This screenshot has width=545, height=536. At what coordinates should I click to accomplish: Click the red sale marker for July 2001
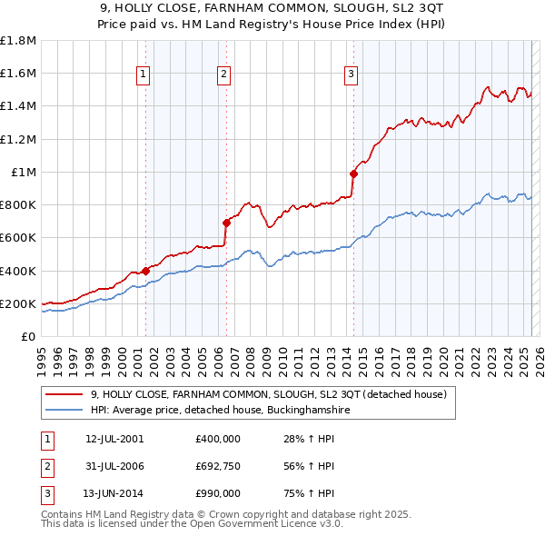[x=145, y=271]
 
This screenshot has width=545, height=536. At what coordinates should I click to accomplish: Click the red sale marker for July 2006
[x=226, y=222]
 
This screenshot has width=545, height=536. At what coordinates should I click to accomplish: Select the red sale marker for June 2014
[x=353, y=174]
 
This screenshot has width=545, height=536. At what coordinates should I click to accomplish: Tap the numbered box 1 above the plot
[x=144, y=75]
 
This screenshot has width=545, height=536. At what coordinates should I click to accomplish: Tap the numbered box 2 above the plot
[x=223, y=75]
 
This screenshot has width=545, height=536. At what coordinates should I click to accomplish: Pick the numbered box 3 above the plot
[x=351, y=75]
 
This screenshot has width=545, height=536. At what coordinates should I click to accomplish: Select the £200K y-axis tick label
[x=18, y=303]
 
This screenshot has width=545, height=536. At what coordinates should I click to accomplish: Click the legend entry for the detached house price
[x=268, y=395]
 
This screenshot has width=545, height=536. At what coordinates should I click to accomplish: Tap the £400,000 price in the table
[x=218, y=439]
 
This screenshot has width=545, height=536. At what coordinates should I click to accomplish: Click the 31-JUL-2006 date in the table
[x=114, y=466]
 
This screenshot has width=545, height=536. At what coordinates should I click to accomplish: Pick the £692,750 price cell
[x=218, y=466]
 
